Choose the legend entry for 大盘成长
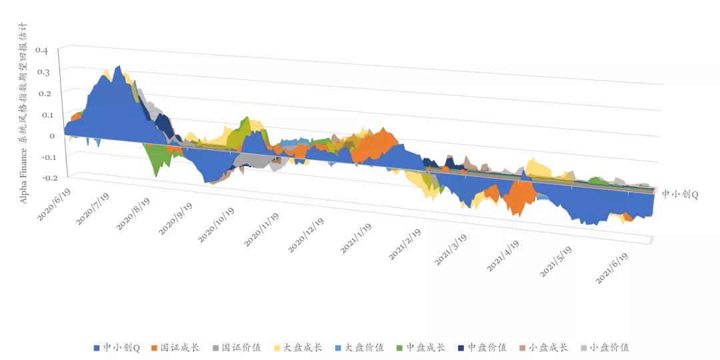pyautogui.click(x=297, y=347)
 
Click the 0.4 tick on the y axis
pyautogui.click(x=42, y=50)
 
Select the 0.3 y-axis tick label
pyautogui.click(x=42, y=70)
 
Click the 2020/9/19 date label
pyautogui.click(x=177, y=215)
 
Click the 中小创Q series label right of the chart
pyautogui.click(x=679, y=194)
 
